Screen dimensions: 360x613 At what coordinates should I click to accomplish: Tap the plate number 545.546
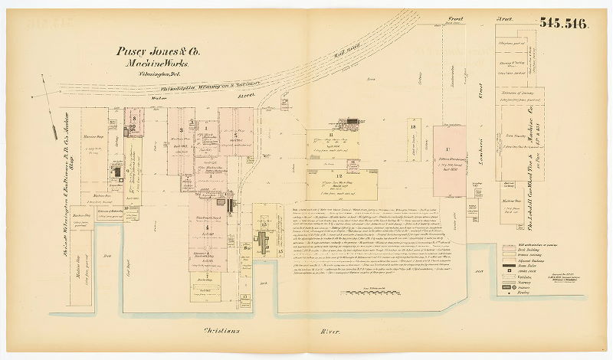point(563,23)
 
